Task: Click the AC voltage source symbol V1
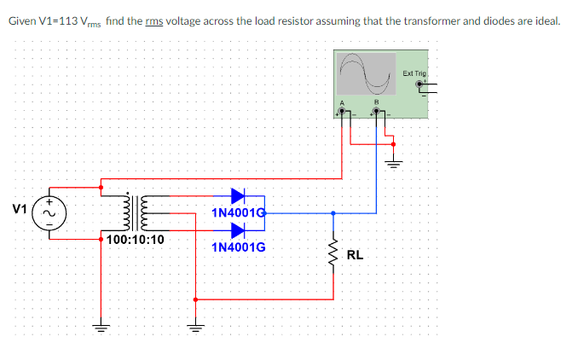(48, 210)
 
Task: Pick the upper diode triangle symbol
(238, 195)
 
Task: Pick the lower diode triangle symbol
(238, 229)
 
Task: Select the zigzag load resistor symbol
(332, 253)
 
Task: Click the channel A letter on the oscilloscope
(344, 105)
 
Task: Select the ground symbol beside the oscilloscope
(393, 162)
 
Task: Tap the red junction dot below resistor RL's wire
(196, 299)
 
